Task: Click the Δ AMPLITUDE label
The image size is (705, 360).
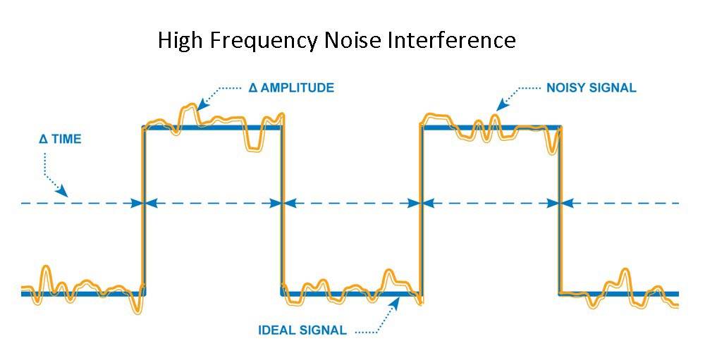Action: coord(291,89)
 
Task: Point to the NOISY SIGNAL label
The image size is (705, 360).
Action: coord(591,89)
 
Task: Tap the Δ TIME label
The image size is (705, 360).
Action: coord(60,139)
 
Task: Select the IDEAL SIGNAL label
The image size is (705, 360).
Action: coord(302,330)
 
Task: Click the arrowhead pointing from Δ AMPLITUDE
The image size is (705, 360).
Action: coord(202,106)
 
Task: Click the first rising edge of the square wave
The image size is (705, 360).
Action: coord(144,211)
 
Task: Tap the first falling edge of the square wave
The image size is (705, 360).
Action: coord(282,211)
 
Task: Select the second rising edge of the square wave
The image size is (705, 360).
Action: coord(421,211)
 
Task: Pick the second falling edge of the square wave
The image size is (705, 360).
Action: coord(560,211)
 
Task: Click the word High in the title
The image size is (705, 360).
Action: coord(178,40)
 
